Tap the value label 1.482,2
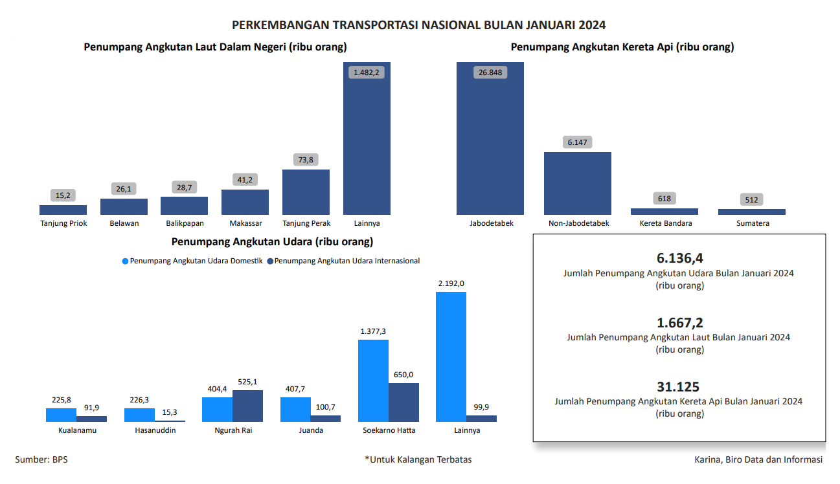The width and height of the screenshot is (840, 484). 367,72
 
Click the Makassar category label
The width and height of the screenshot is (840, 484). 245,223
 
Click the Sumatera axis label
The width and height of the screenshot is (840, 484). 752,223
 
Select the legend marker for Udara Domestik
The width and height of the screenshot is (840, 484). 126,261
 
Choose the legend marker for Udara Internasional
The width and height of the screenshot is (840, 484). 270,261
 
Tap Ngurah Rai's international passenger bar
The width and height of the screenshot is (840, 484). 247,406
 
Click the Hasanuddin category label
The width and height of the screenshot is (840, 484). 155,430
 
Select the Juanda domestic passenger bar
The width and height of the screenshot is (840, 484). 295,410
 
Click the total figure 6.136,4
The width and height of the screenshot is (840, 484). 679,258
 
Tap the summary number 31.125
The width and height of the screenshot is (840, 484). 678,387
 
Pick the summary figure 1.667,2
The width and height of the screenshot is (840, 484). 679,322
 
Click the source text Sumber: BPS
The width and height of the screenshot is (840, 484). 41,459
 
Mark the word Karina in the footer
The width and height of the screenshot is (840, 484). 708,459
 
